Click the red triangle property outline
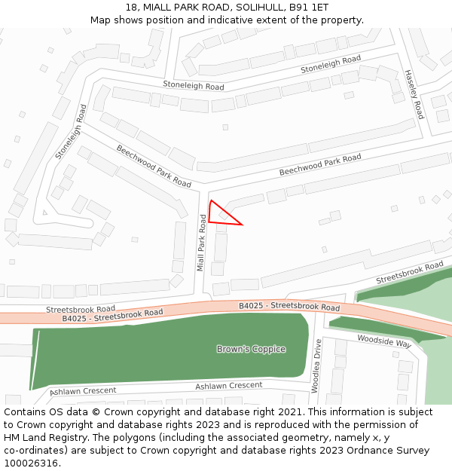221,216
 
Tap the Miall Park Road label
201,242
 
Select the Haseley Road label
414,94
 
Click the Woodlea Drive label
317,366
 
